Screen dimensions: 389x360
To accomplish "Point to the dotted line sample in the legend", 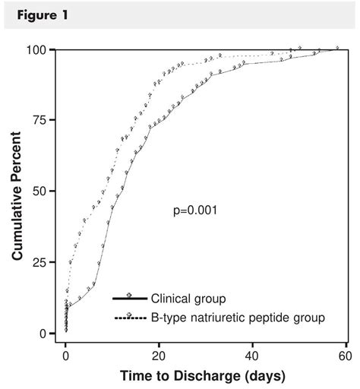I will (129, 317).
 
